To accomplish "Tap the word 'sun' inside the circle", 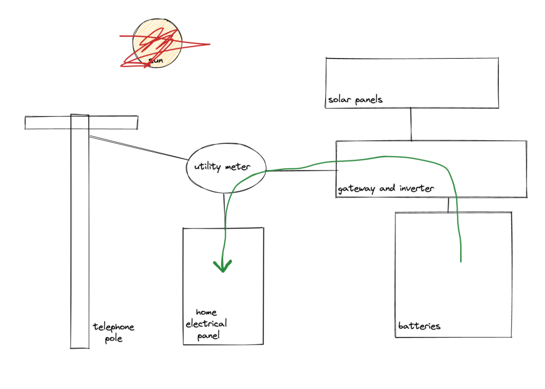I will pos(156,60).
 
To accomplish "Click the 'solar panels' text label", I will pos(355,100).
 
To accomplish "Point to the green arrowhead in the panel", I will pos(223,266).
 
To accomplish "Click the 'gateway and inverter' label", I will pos(386,189).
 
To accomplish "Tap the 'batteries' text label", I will pos(419,327).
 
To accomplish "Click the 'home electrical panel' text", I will pos(206,324).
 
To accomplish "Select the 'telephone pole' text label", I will pos(113,333).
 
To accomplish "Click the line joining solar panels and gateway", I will pos(411,124).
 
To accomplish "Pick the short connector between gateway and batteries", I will pos(448,204).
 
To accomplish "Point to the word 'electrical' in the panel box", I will pos(206,324).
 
